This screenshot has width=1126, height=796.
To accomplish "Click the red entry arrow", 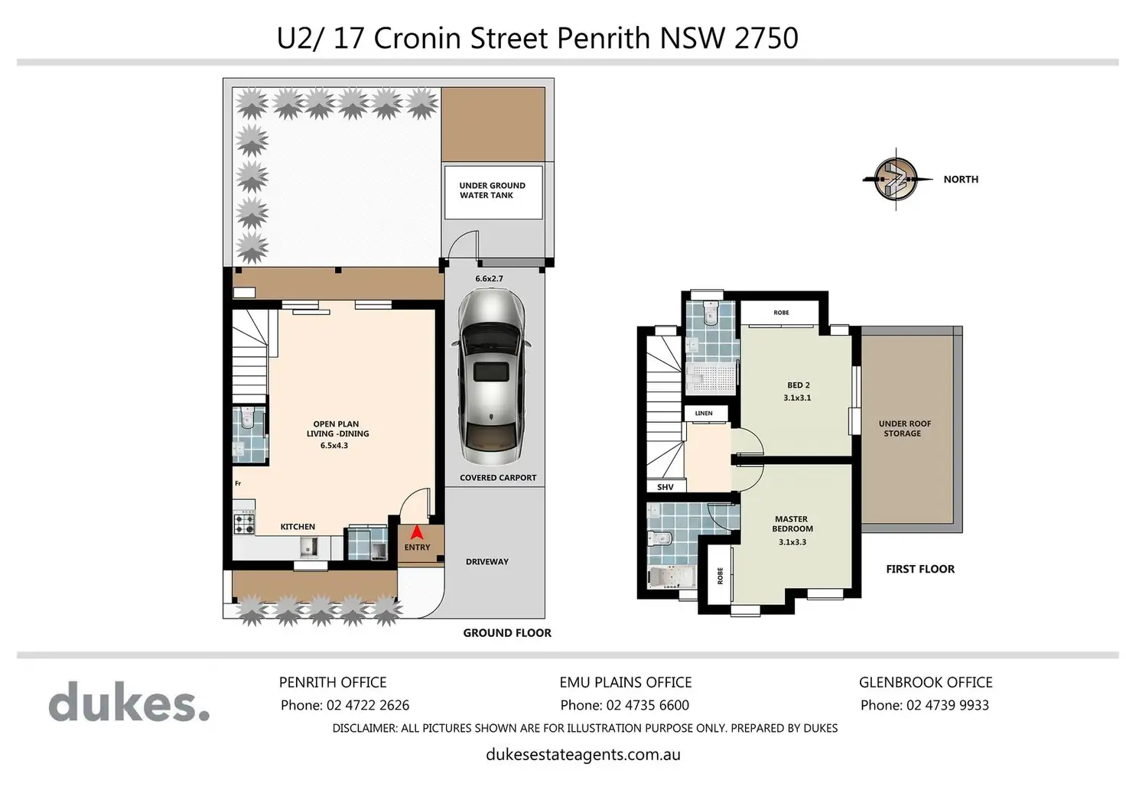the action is tap(417, 532).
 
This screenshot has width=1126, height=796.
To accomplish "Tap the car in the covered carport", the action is tap(491, 377).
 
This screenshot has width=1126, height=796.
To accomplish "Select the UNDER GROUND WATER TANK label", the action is tap(492, 190).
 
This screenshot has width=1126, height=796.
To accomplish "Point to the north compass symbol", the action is tap(896, 179).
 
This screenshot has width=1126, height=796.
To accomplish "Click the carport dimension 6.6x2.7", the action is tap(489, 278).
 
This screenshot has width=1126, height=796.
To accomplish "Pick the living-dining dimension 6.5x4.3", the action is tap(334, 445).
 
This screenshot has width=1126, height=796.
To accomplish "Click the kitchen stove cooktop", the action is tap(244, 522).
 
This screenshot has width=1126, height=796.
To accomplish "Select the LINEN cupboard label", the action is tap(704, 413).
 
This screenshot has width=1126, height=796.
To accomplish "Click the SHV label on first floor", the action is tap(665, 487).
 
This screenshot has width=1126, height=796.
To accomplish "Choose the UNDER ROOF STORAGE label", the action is tap(904, 429).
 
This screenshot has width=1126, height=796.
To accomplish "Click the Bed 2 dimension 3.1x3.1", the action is tap(797, 398).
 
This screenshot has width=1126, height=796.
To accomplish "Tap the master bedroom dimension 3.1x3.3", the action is tap(792, 542).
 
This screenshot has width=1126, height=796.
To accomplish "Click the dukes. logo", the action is tap(129, 701).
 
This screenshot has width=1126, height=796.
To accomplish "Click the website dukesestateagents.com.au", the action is tap(583, 754).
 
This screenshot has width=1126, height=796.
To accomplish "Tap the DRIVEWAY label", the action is tap(487, 562).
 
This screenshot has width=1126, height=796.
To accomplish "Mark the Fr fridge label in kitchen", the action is tap(238, 483).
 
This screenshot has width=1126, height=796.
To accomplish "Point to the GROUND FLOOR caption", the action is tap(507, 633).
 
